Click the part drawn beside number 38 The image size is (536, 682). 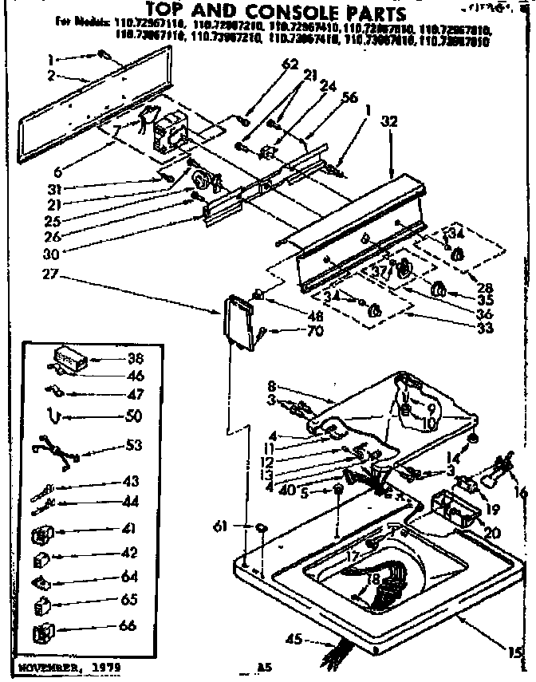tap(70, 358)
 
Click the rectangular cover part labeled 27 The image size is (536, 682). tap(241, 321)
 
